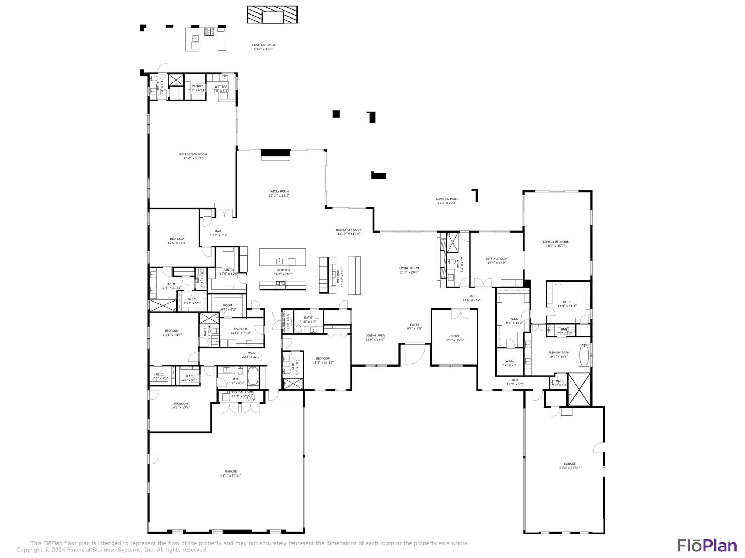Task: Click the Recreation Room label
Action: [193, 154]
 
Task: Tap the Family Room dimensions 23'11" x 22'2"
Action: [279, 195]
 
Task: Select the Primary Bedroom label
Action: [555, 242]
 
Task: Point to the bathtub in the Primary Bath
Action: [584, 355]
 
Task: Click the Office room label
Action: [454, 336]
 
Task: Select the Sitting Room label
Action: [497, 259]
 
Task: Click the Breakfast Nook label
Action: [348, 230]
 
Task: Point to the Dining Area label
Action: [375, 335]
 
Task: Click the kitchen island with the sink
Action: [282, 257]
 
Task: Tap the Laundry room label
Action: [240, 329]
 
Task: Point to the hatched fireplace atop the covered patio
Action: [272, 15]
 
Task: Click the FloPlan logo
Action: [707, 546]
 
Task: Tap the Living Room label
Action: [409, 268]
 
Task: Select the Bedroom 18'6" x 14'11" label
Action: [323, 359]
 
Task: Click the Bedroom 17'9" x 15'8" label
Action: [177, 239]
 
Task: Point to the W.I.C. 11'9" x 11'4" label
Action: [567, 302]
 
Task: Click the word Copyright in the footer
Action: [30, 550]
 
